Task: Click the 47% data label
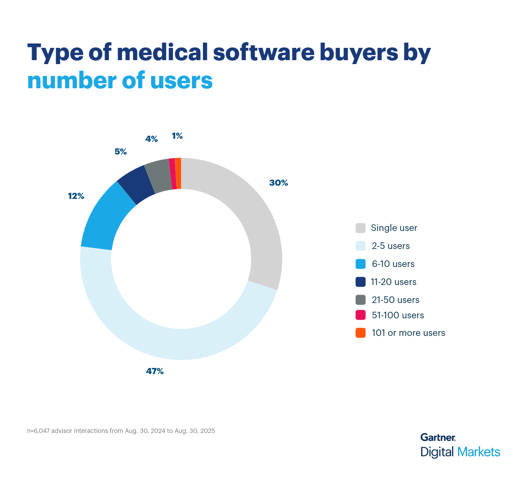[x=155, y=371]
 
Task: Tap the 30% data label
[x=278, y=183]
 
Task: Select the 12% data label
[x=76, y=196]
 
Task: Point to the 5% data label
[x=120, y=152]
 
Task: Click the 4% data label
[x=152, y=139]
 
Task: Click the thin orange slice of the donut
[x=178, y=173]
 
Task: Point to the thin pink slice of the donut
[x=173, y=173]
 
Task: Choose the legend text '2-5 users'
[x=390, y=246]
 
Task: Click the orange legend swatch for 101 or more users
[x=361, y=333]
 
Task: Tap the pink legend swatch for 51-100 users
[x=361, y=315]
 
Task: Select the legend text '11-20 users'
[x=393, y=282]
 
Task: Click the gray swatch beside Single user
[x=361, y=228]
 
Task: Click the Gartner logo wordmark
[x=438, y=437]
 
